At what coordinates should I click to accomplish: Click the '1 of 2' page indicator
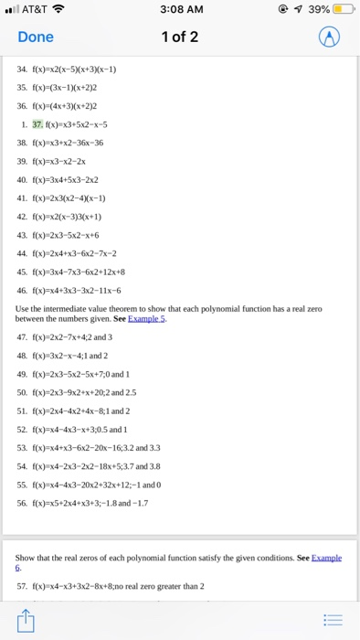pos(180,37)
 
